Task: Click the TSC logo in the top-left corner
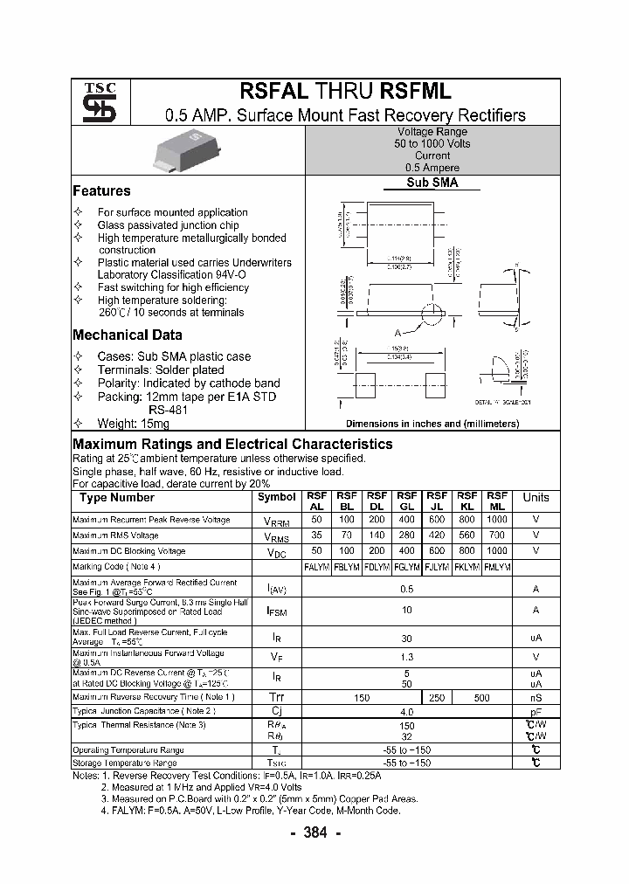coord(93,102)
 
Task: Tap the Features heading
coord(101,190)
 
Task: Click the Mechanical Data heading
coord(128,335)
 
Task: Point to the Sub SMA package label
coord(432,183)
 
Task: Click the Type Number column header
coord(117,498)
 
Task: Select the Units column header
coord(536,498)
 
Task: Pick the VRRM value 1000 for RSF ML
coord(496,520)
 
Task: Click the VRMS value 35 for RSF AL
coord(317,535)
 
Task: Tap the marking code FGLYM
coord(407,567)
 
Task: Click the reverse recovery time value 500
coord(481,698)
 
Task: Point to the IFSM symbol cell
coord(277,611)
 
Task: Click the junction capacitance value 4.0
coord(407,712)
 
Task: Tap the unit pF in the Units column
coord(536,712)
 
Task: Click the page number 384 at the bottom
coord(314,832)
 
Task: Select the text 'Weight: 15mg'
coord(134,423)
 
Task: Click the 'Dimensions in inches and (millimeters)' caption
coord(432,424)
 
